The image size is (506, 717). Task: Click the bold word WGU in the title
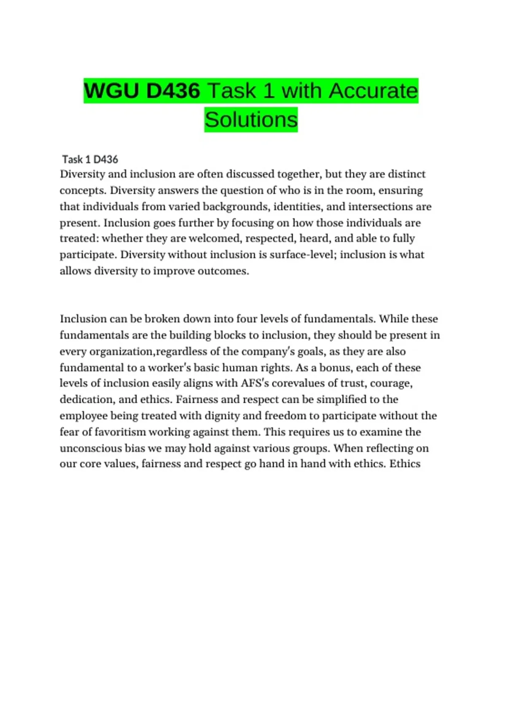(111, 91)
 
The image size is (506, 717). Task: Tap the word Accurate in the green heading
(373, 91)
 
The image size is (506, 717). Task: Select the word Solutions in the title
(251, 119)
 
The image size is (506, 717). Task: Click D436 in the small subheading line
(105, 159)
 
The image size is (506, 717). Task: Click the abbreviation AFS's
(255, 383)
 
